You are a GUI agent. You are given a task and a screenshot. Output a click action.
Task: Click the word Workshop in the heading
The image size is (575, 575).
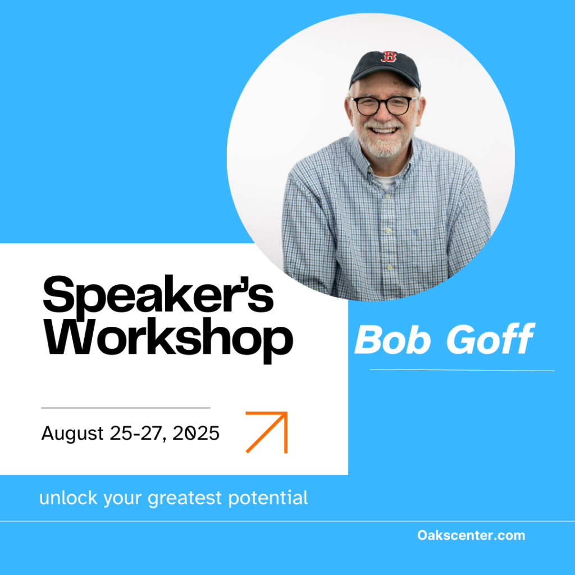point(168,340)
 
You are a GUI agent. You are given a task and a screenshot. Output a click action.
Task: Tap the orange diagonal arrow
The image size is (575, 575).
point(267,432)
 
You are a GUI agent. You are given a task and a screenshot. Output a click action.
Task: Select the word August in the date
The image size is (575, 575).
point(72,434)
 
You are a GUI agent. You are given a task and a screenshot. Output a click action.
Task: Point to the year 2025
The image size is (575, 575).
point(196,433)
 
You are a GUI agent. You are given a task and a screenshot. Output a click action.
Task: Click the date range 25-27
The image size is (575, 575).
point(136,433)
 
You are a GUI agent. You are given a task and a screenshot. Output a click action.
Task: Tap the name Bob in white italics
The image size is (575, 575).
point(393,340)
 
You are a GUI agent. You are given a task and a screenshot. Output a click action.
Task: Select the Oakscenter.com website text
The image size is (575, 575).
point(471,535)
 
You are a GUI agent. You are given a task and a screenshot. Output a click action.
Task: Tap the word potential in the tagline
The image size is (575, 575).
point(268,499)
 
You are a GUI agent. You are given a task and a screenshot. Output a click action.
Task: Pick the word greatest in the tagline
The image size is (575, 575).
point(185,499)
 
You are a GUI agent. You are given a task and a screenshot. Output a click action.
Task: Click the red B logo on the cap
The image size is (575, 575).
point(389,57)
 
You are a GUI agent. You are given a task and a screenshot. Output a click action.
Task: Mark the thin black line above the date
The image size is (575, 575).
point(126,408)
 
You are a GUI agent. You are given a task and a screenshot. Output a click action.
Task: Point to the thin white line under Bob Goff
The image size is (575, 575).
point(462,370)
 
